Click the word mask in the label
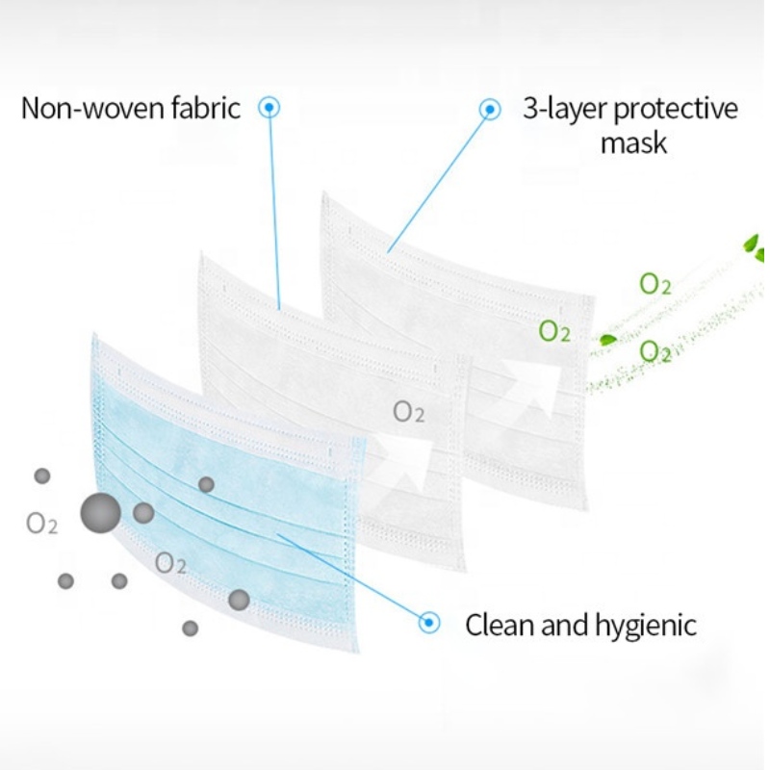coord(633,143)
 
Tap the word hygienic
coord(646,627)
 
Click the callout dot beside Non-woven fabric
coord(270,108)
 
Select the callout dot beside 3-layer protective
coord(491,110)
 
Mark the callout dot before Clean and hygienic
coord(429,624)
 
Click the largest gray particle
coord(100,513)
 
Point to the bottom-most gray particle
coord(191,628)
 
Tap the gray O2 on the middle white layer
coord(409,413)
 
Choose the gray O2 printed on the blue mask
coord(170,564)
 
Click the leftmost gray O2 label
coord(42,525)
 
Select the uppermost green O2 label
coord(655,284)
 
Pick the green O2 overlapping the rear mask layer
coord(554,332)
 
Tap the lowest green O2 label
coord(655,351)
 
